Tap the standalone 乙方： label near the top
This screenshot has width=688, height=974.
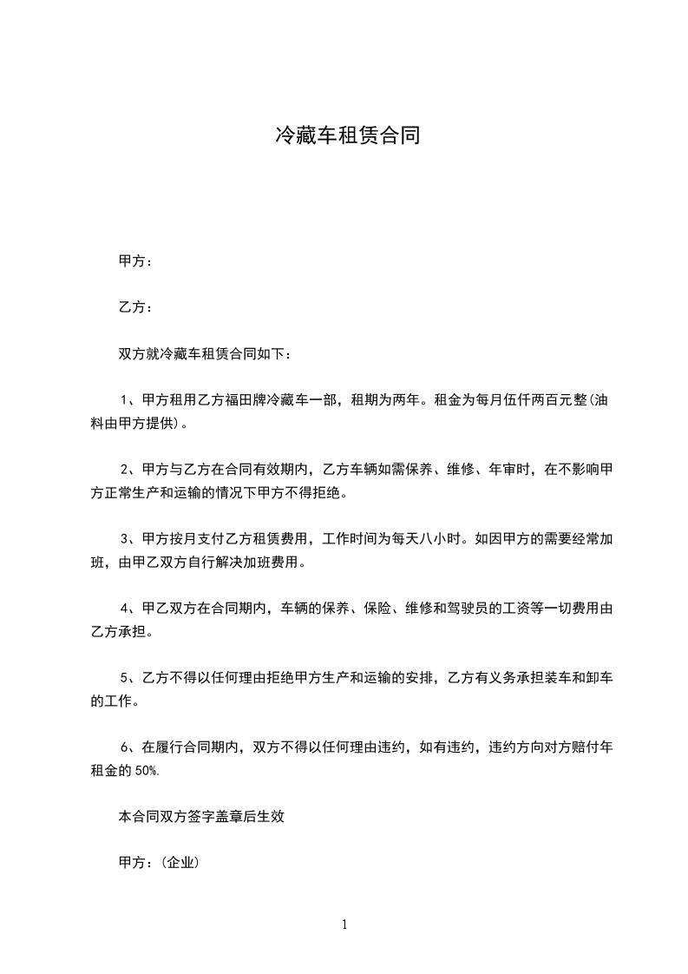pyautogui.click(x=135, y=307)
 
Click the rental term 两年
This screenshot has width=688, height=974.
pyautogui.click(x=405, y=400)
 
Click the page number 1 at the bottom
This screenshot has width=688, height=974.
pyautogui.click(x=344, y=925)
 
